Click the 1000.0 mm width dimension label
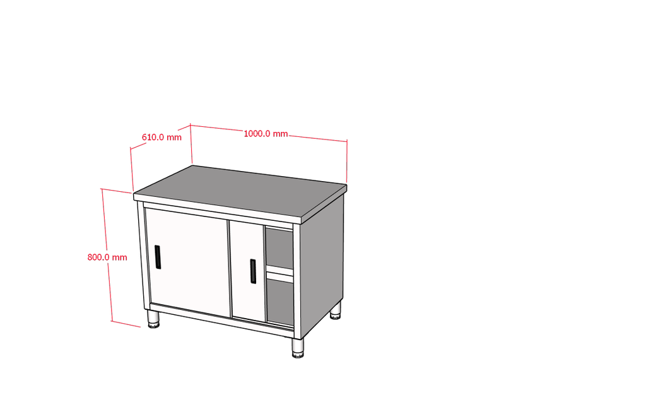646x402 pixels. (x=266, y=134)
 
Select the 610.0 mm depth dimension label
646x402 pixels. (x=161, y=137)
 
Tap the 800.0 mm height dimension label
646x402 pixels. (x=107, y=257)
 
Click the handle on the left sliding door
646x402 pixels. (x=157, y=257)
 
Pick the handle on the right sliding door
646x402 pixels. (x=252, y=271)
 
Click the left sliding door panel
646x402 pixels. (x=187, y=263)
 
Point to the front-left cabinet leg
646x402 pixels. (x=153, y=319)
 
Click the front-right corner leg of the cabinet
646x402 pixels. (x=298, y=348)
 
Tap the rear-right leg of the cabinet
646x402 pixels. (x=336, y=310)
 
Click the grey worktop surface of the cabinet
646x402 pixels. (x=240, y=189)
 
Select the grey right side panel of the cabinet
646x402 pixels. (x=322, y=264)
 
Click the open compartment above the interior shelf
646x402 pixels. (x=279, y=249)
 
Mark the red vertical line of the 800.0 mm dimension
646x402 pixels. (x=107, y=255)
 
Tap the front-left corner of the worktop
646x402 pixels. (x=134, y=194)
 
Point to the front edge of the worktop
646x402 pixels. (x=219, y=209)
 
